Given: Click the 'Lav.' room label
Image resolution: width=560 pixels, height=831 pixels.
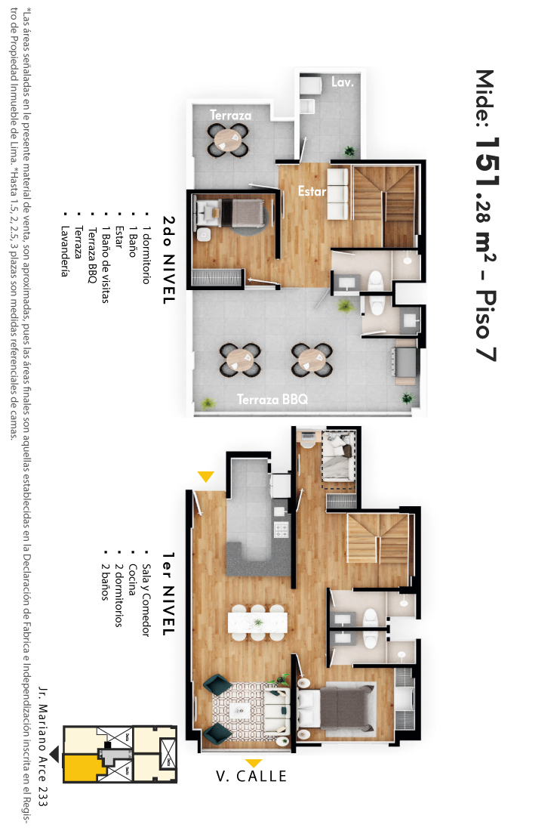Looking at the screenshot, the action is (343, 82).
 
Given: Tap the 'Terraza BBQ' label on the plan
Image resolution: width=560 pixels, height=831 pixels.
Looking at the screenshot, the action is (272, 399).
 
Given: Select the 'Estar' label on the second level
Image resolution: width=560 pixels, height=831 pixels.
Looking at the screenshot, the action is (312, 191).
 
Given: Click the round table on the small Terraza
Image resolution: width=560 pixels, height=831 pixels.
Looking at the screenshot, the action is (229, 140).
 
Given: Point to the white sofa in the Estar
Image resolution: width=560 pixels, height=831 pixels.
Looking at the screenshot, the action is (338, 193).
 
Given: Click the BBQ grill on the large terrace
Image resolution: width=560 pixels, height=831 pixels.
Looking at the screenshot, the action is (405, 361).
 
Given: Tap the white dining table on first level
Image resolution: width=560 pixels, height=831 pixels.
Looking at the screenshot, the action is (258, 622).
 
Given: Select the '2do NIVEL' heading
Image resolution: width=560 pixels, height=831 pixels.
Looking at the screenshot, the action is (168, 260).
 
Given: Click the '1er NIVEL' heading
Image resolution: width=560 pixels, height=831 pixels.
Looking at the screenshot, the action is (168, 594).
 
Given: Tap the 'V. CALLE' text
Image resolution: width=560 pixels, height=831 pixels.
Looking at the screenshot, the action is (251, 777).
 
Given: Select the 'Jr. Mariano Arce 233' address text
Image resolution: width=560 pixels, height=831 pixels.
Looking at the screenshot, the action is (43, 746).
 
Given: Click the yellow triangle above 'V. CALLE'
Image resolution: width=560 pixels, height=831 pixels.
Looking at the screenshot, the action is (254, 763).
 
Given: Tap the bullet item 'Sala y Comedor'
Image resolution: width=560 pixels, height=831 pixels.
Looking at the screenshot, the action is (146, 601).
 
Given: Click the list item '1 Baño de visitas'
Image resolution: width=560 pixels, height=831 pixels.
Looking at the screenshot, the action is (106, 264).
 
